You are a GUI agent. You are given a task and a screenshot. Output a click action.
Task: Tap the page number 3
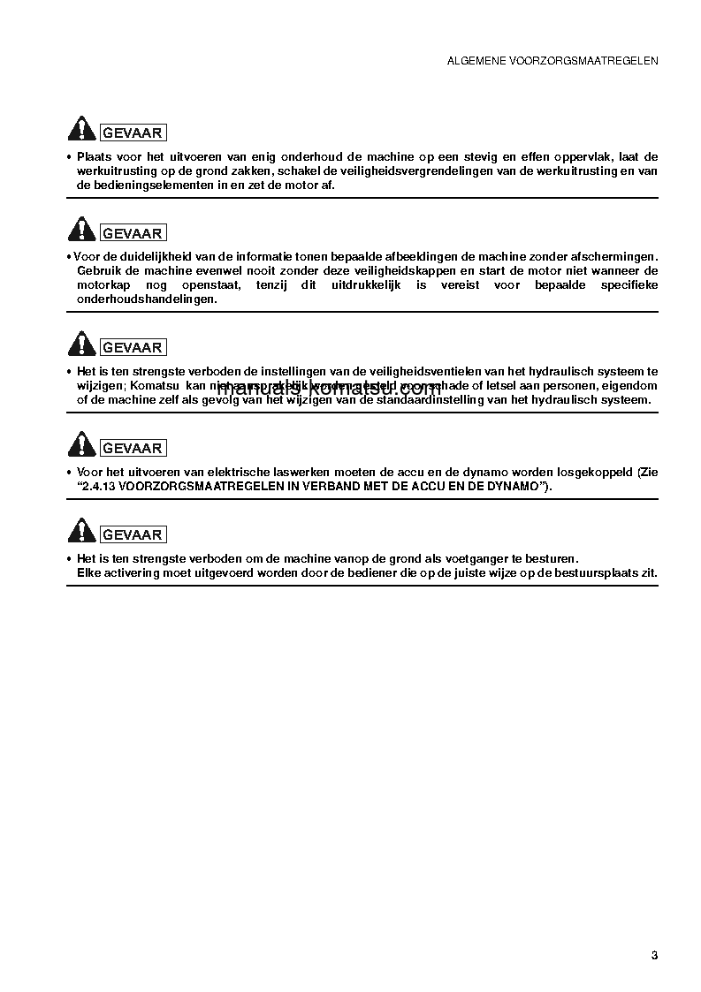pyautogui.click(x=654, y=955)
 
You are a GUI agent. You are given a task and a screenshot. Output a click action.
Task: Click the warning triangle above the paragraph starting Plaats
pyautogui.click(x=81, y=130)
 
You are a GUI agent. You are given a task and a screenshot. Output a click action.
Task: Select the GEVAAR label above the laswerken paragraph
pyautogui.click(x=133, y=449)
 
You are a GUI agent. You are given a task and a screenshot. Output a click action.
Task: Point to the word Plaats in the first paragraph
pyautogui.click(x=95, y=156)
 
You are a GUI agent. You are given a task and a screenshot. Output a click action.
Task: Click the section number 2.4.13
pyautogui.click(x=100, y=487)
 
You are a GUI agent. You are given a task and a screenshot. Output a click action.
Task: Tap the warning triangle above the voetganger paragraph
pyautogui.click(x=81, y=532)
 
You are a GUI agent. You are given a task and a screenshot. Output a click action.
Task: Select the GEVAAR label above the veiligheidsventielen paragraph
pyautogui.click(x=133, y=348)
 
